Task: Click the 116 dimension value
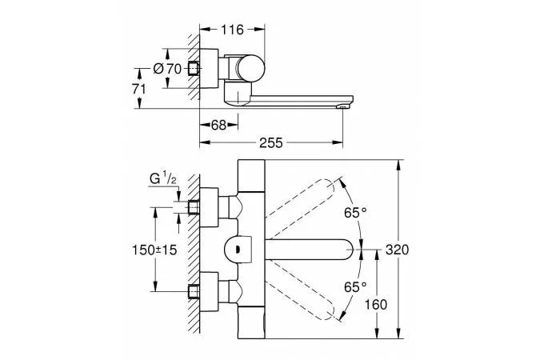point(232,29)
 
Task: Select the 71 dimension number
point(139,89)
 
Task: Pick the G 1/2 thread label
point(166,179)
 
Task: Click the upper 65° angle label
point(354,213)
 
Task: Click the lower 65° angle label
point(354,285)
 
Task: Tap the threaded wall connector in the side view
point(194,70)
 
